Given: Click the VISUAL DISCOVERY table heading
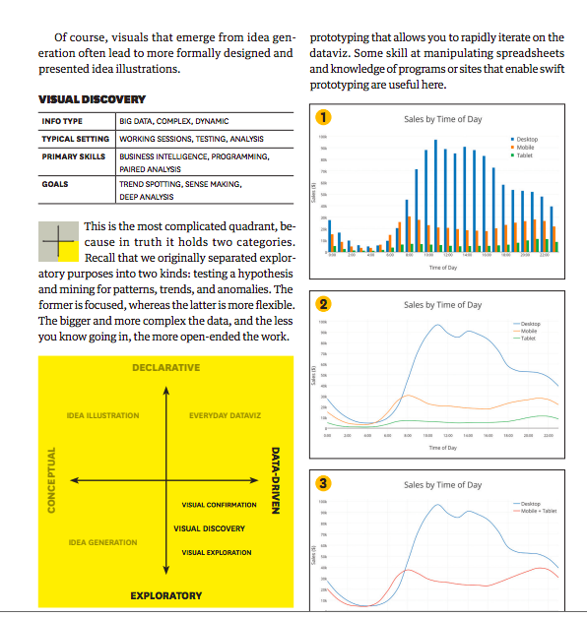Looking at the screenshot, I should [92, 99].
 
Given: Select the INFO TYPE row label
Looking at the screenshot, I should [62, 121].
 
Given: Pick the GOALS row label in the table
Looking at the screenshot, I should [55, 184].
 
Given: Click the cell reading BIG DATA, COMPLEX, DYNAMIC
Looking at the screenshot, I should [173, 121].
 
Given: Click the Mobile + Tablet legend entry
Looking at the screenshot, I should [535, 512].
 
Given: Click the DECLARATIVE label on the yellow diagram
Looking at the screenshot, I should [165, 368].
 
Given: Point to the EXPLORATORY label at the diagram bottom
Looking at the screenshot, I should [165, 595].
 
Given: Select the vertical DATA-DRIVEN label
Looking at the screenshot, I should [277, 481].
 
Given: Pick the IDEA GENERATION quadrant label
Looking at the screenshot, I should [102, 543].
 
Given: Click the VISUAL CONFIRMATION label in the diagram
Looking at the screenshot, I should [219, 505].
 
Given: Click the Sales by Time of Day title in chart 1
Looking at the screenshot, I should [443, 119].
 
